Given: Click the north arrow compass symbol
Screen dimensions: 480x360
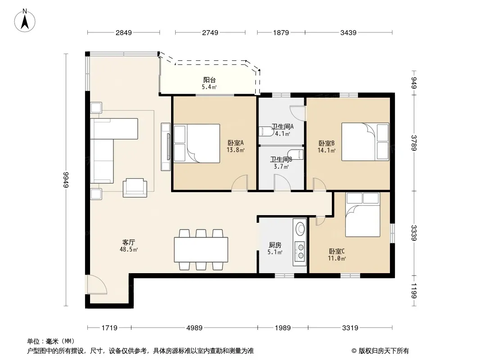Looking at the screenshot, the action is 25,21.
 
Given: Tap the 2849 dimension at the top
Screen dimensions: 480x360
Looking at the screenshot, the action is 124,33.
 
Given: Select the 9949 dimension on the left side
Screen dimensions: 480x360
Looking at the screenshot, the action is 66,180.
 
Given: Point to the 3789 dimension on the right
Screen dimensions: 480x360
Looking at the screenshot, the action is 414,143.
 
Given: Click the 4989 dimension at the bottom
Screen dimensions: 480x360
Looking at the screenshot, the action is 195,328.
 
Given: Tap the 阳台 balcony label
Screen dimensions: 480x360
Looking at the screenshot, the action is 209,80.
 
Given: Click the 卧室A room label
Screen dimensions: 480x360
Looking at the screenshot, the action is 235,143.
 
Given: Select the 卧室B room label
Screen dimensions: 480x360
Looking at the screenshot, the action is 326,143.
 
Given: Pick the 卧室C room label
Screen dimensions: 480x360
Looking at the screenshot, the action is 337,251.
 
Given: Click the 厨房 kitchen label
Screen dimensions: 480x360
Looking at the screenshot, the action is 275,245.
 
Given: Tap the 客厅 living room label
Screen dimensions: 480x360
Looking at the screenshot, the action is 129,242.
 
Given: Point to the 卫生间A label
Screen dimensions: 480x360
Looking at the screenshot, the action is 283,126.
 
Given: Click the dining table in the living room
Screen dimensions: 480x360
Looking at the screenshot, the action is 201,250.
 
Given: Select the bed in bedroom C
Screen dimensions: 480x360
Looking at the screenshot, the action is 363,214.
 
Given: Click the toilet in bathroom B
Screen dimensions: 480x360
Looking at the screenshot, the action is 296,154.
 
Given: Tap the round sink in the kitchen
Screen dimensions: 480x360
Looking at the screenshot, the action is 300,229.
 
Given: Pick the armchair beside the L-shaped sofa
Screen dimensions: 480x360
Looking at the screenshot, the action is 135,188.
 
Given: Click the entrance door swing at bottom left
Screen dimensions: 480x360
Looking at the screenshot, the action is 97,284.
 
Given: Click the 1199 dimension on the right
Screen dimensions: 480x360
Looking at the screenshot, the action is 414,291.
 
